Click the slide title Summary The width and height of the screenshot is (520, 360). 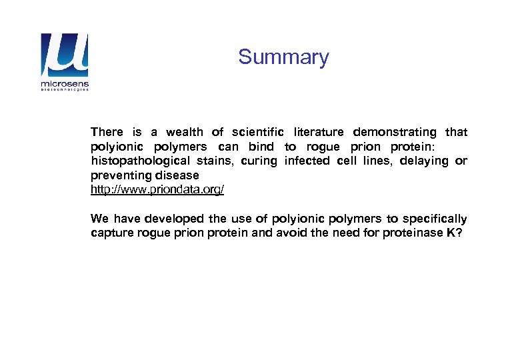click(283, 57)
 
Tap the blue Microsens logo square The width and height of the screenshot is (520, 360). click(64, 56)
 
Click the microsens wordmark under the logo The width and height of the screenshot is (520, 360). click(65, 85)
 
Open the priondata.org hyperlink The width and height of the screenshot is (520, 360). click(157, 190)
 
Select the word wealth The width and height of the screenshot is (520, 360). click(185, 132)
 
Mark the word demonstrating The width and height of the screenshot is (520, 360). click(394, 132)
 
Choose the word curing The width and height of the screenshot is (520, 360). click(260, 161)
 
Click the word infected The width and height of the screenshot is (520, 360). click(307, 161)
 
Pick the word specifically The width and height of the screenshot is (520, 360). click(436, 219)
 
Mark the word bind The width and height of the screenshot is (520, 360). click(261, 147)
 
